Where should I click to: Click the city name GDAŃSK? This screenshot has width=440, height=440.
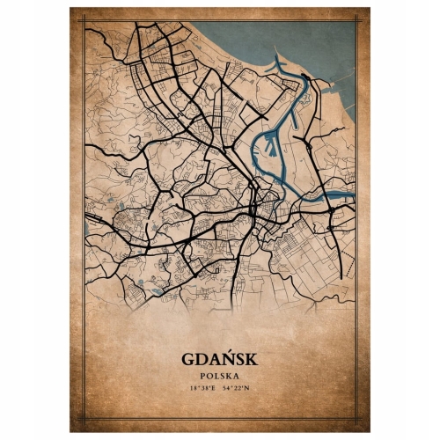(220, 359)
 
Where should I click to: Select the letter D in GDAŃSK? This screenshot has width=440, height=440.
(202, 359)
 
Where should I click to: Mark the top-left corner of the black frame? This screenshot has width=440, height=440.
(84, 21)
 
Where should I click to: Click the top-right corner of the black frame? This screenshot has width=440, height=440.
(356, 21)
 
